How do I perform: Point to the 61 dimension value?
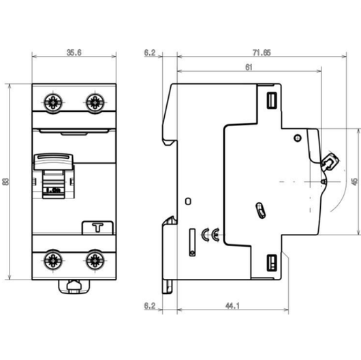(x=248, y=67)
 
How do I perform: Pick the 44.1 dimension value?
(x=232, y=308)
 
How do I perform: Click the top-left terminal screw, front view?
(x=52, y=102)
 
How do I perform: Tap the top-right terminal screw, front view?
(x=93, y=102)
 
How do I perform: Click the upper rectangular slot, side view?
(x=270, y=100)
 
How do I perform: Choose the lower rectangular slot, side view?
(x=270, y=262)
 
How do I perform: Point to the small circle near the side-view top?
(x=297, y=138)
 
